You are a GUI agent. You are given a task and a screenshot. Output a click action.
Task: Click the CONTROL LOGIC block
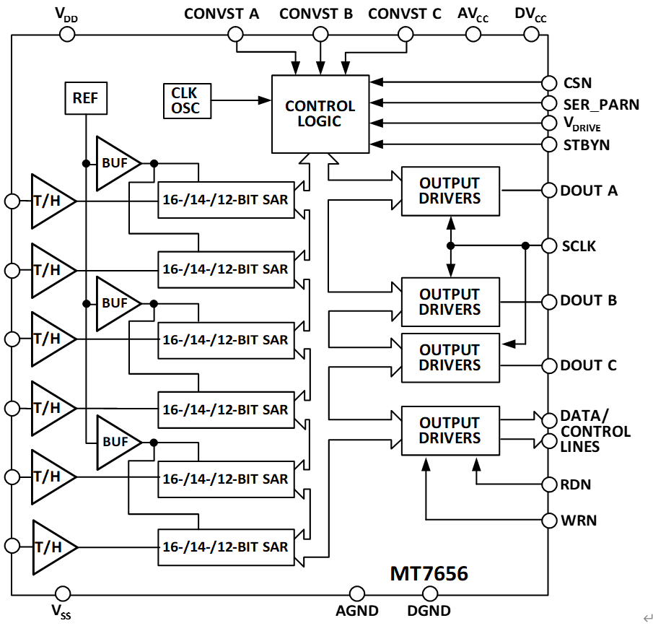pos(320,113)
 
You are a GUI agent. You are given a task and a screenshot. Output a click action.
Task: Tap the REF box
pos(85,97)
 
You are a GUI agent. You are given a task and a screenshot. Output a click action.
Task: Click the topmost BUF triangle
pos(115,163)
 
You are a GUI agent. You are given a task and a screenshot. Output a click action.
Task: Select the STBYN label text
pos(586,145)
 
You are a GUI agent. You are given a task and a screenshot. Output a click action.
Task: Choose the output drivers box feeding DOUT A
pos(450,191)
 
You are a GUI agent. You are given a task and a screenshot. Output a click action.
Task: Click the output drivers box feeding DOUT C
pos(450,358)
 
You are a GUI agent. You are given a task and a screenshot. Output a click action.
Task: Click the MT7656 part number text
pos(429,574)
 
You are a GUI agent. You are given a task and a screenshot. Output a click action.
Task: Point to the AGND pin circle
pos(357,594)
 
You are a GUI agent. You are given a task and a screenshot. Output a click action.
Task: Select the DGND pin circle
pos(429,594)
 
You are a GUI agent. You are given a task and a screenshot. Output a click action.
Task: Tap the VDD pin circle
pos(68,34)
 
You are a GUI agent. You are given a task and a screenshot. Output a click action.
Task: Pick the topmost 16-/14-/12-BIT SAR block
pos(225,200)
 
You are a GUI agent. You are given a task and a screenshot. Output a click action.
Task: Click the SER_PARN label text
pos(601,105)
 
